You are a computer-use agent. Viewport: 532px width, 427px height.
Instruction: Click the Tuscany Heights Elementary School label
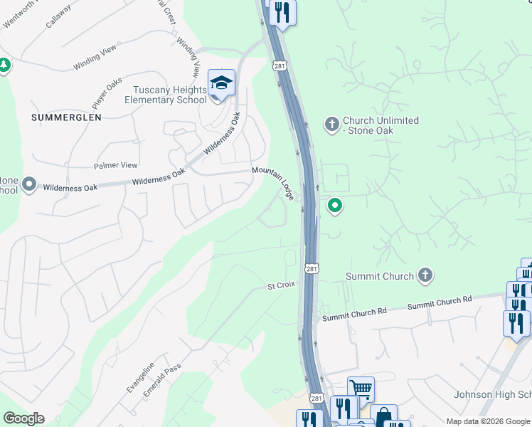[x=166, y=95]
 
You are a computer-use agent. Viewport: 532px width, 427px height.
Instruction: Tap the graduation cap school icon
[x=221, y=84]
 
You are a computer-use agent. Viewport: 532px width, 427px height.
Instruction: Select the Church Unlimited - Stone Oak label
[x=381, y=126]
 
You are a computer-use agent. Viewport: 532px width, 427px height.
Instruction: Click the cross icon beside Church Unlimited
[x=331, y=125]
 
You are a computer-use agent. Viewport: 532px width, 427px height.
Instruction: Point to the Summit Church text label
[x=379, y=276]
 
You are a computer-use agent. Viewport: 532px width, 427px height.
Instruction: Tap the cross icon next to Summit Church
[x=425, y=275]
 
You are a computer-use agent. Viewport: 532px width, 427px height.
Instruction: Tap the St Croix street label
[x=281, y=285]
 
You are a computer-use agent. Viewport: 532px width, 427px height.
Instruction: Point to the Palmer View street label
[x=116, y=165]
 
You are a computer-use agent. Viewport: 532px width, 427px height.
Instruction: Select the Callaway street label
[x=58, y=16]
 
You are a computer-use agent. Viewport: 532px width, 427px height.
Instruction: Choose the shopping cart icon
[x=361, y=389]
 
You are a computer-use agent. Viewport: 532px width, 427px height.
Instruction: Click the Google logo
[x=23, y=418]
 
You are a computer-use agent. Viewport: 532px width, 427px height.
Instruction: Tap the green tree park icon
[x=5, y=65]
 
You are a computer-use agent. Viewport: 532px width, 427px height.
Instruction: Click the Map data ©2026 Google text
[x=488, y=421]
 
